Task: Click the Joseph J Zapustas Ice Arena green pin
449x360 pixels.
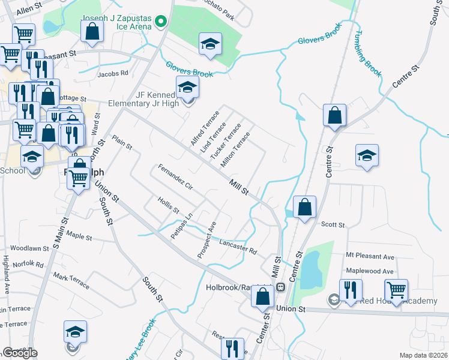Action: [160, 23]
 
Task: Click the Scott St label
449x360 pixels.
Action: [333, 225]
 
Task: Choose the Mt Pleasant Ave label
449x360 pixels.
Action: [370, 257]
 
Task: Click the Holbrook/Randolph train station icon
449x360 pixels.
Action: [280, 287]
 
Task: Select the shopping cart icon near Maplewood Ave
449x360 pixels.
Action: [396, 290]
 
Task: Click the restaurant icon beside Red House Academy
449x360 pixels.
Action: [351, 290]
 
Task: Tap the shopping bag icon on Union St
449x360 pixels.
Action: [262, 296]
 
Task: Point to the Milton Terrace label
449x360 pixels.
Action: [235, 150]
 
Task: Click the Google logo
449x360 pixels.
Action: [20, 353]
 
